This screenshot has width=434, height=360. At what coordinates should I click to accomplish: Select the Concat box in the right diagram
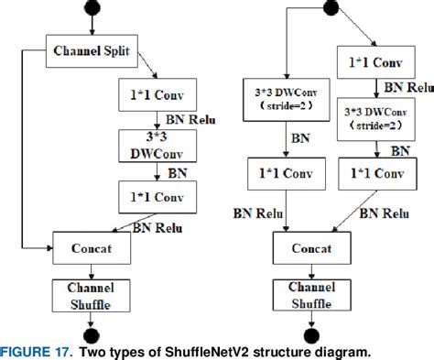point(314,246)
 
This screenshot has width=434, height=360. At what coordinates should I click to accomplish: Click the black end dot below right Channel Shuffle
point(314,333)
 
